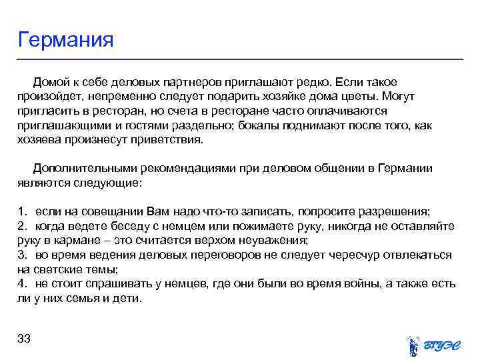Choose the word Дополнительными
tap(79, 169)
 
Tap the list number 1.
tap(21, 212)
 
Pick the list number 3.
tap(21, 255)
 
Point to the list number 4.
tap(21, 284)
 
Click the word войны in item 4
tap(353, 284)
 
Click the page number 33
tap(25, 339)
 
